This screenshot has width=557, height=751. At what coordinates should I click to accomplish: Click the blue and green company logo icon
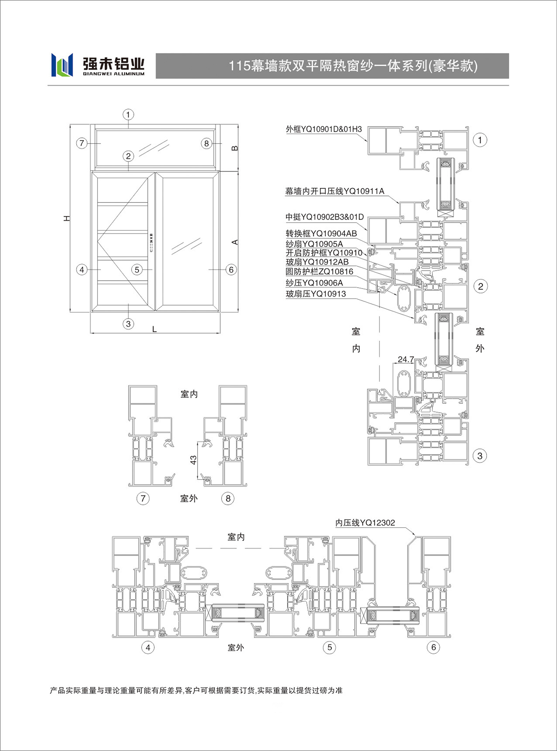coord(62,65)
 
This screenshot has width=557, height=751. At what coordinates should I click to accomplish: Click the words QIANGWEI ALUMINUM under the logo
coord(114,74)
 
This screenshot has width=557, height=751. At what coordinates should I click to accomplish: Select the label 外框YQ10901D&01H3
coord(324,129)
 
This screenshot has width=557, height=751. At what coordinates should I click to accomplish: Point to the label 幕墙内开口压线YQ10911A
coord(335,191)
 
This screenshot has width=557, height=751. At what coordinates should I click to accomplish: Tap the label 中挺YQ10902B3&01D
coord(325,217)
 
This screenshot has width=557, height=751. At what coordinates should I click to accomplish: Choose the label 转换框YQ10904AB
coord(321,233)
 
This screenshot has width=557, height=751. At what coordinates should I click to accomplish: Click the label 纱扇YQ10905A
coord(314,244)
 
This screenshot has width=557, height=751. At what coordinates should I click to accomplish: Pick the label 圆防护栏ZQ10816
coord(320,272)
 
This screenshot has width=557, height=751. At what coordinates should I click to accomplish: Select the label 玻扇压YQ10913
coord(316,294)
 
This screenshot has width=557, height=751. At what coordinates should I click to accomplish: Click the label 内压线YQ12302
coord(365,523)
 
